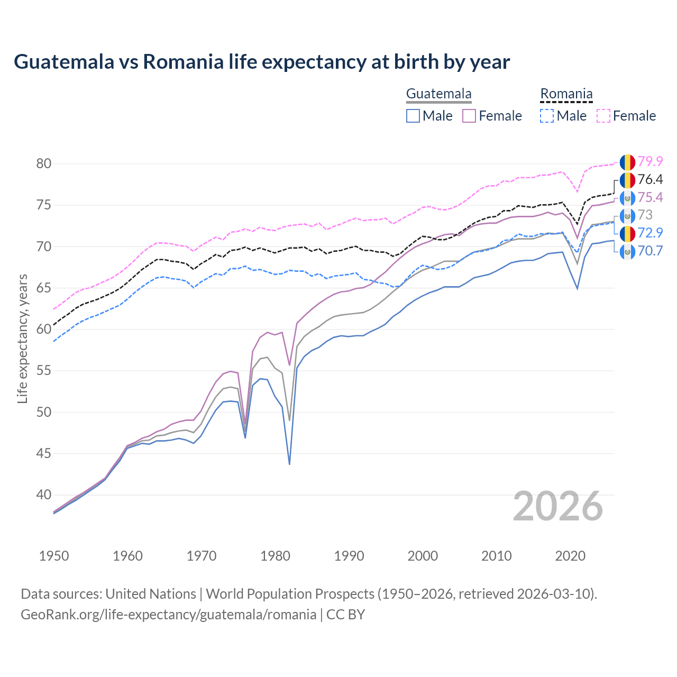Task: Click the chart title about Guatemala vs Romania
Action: pos(262,62)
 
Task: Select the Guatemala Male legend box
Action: pos(413,116)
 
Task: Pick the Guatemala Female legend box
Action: pos(469,116)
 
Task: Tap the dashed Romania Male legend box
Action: pos(547,116)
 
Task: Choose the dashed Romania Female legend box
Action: pos(603,116)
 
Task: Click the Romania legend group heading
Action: pos(566,94)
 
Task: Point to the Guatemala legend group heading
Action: pos(438,94)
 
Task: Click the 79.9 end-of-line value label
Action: pos(650,162)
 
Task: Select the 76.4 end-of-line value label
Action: pos(650,180)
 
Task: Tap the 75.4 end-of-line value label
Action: pos(650,198)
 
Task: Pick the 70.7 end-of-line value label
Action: pos(650,251)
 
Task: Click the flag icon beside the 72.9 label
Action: pos(627,233)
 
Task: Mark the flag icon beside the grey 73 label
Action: pos(627,215)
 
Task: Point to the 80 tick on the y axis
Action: pos(44,164)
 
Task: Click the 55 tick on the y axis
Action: pos(44,371)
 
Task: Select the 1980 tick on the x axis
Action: pos(275,556)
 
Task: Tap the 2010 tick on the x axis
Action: pos(496,556)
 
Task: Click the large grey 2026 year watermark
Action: pos(557,506)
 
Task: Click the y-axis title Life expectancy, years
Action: pos(23,338)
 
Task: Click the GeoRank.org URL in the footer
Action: pos(168,615)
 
